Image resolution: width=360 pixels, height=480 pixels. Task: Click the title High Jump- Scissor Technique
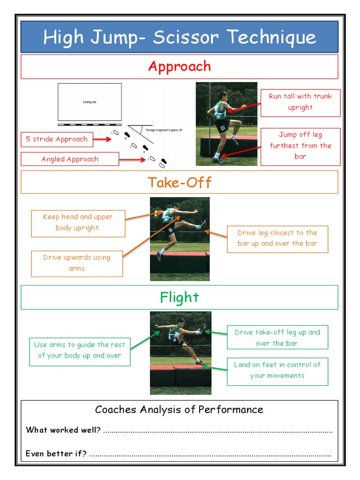180,37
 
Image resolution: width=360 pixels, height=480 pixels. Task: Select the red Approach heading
180,67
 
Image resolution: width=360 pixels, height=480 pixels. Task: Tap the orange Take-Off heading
180,182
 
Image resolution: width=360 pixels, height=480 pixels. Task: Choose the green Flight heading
180,297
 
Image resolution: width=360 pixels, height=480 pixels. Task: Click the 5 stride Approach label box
57,139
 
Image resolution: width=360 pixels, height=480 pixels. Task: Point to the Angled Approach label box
70,159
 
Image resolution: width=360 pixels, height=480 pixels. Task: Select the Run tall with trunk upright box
300,102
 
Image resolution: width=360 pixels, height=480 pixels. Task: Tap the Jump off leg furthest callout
300,146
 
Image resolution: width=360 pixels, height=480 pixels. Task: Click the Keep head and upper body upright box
78,223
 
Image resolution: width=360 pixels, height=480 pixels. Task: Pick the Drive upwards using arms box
77,263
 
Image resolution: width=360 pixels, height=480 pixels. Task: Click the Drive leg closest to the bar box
277,238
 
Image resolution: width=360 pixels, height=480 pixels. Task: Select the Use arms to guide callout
79,350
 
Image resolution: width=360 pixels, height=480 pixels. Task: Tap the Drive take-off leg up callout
277,337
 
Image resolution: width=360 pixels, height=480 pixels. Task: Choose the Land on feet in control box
277,370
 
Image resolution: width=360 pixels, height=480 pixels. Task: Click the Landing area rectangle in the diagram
90,102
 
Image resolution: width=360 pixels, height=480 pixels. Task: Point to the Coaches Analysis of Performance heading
179,410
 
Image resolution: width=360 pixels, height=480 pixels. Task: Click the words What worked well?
63,430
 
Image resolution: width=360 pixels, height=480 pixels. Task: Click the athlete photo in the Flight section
180,352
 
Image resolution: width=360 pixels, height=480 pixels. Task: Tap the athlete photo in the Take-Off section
180,239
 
